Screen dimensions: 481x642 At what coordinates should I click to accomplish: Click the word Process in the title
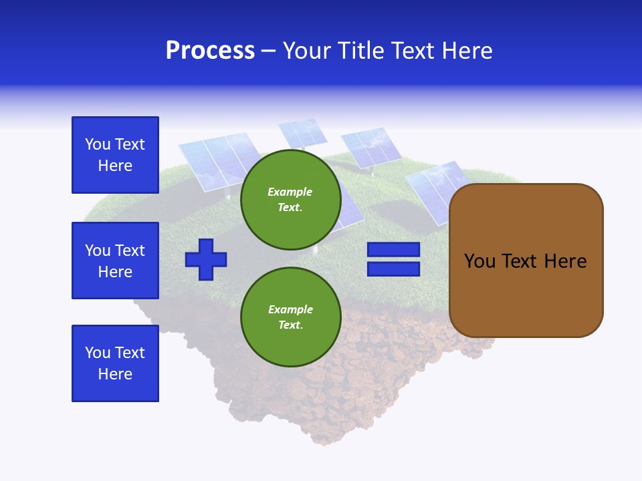click(210, 51)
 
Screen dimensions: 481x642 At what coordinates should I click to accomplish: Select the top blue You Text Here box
click(115, 155)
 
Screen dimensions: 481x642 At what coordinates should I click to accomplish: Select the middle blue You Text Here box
click(115, 261)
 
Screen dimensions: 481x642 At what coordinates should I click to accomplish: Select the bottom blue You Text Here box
click(115, 363)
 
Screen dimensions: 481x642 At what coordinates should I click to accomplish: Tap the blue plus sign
click(206, 259)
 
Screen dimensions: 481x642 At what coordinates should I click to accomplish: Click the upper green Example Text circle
click(290, 199)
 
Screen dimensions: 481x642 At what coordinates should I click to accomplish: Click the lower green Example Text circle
click(290, 317)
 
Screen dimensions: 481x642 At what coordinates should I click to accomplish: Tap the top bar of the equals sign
click(393, 250)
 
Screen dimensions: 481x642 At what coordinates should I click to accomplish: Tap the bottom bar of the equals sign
click(393, 269)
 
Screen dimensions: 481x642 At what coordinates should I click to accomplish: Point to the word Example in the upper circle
click(290, 192)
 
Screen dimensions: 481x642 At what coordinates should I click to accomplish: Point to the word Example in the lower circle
click(290, 309)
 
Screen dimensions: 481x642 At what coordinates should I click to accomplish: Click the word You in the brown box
click(479, 261)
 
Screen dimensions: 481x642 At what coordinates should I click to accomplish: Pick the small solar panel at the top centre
click(302, 132)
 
